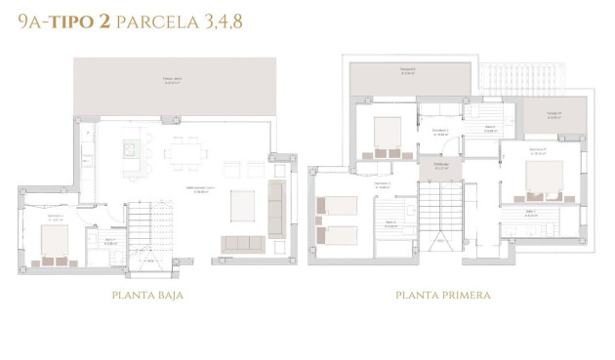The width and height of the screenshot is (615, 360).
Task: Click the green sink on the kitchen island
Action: coord(129,149)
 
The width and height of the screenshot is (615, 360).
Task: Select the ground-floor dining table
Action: coord(184,152)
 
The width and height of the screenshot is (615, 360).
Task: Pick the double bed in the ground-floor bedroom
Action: coord(48,245)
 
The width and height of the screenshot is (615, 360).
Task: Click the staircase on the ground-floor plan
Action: coord(147,233)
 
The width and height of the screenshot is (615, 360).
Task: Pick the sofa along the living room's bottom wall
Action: coord(243,243)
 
